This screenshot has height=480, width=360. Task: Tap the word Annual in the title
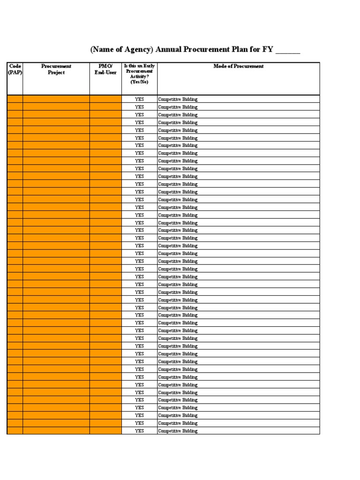pos(176,51)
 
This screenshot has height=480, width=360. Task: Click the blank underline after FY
pos(288,52)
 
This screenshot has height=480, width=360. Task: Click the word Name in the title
pos(105,51)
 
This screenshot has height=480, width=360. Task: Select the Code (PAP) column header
pos(15,69)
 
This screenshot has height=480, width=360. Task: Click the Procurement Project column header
pos(56,69)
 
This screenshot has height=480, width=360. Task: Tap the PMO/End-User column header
pos(105,69)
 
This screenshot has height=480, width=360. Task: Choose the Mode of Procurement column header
pos(238,66)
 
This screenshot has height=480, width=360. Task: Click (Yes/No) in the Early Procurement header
pos(139,82)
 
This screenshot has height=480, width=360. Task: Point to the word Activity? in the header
pos(139,76)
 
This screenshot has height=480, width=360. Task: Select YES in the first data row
pos(139,99)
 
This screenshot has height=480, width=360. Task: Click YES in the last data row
pos(139,431)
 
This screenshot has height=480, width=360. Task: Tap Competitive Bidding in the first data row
pos(178,99)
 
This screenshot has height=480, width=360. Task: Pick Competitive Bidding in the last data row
pos(178,431)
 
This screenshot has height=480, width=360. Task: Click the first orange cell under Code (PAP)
pos(15,99)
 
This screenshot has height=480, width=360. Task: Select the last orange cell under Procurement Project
pos(56,431)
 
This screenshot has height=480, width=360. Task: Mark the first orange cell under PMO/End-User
pos(105,99)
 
